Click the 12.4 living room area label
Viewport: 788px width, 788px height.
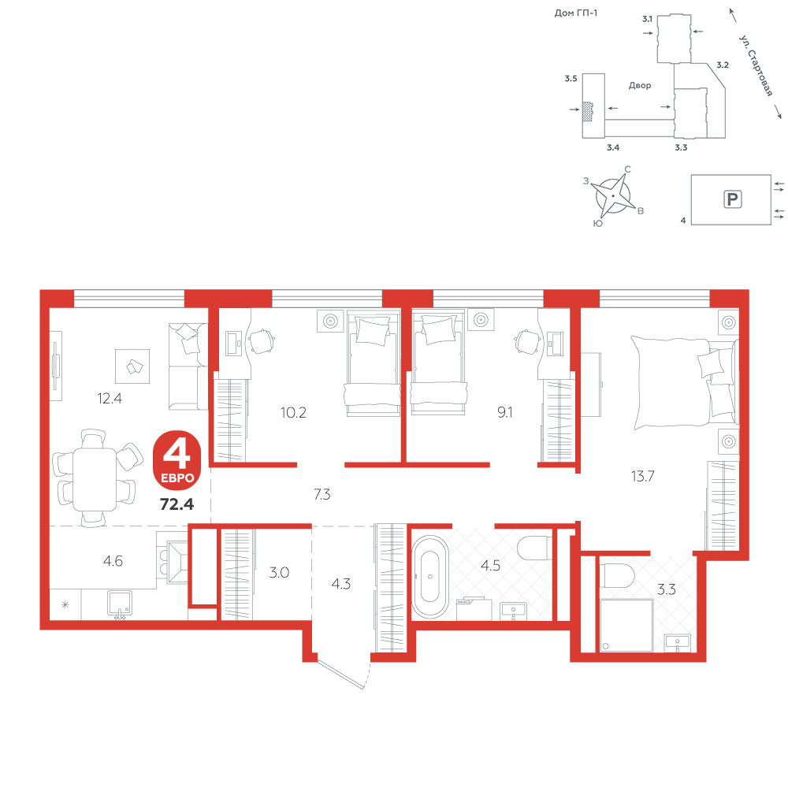pyautogui.click(x=110, y=399)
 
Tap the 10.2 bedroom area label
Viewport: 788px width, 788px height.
pyautogui.click(x=293, y=413)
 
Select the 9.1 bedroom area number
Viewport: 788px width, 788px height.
pyautogui.click(x=505, y=412)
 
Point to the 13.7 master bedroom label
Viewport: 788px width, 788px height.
pyautogui.click(x=643, y=475)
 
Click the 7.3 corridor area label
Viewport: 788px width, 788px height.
pyautogui.click(x=322, y=495)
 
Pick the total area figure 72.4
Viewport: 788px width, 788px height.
pyautogui.click(x=177, y=504)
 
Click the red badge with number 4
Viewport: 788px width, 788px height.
pyautogui.click(x=177, y=460)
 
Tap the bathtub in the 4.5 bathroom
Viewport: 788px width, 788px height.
pyautogui.click(x=430, y=577)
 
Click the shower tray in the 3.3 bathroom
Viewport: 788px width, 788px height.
pyautogui.click(x=626, y=625)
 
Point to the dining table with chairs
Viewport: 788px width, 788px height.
pyautogui.click(x=95, y=478)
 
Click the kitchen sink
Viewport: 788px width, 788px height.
pyautogui.click(x=120, y=604)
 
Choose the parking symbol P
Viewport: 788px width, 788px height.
pyautogui.click(x=732, y=199)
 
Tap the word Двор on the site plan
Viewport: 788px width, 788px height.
pyautogui.click(x=640, y=85)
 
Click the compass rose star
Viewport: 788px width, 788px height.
pyautogui.click(x=612, y=195)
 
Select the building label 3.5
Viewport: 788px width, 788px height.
pyautogui.click(x=571, y=78)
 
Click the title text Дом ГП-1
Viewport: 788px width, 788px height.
pyautogui.click(x=576, y=13)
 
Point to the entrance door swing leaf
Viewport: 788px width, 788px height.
pyautogui.click(x=340, y=675)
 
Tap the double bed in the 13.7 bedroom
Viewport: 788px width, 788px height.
pyautogui.click(x=685, y=383)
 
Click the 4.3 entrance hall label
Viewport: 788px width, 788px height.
pyautogui.click(x=341, y=584)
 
